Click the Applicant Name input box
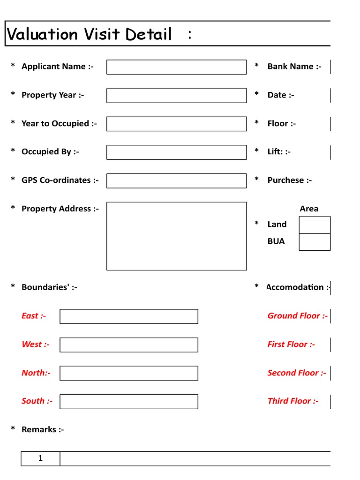coord(176,67)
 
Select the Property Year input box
coord(176,96)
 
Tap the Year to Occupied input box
coord(176,124)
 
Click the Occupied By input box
coord(176,152)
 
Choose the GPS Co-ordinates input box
coord(176,180)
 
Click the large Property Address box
coord(176,236)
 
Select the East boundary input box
coord(129,316)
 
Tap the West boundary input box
coord(129,345)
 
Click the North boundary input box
coord(129,373)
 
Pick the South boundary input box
coord(129,402)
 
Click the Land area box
coord(315,225)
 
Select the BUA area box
coord(315,242)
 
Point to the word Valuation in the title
coord(43,34)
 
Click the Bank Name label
coord(294,67)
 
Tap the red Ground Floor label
coord(297,316)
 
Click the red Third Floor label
coord(292,401)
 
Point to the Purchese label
coord(289,180)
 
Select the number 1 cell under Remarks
coord(40,458)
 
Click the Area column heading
coord(309,209)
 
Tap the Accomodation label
coord(297,287)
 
